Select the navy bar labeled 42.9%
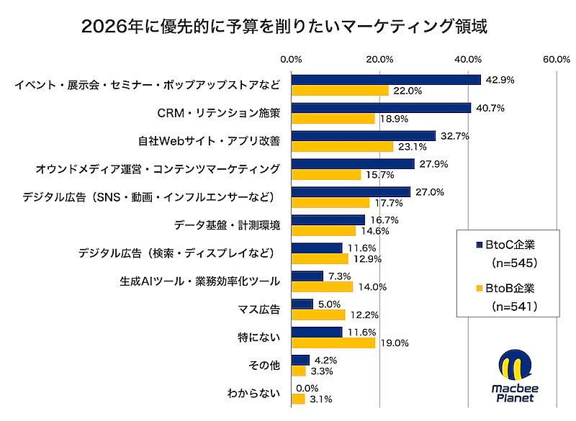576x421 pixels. click(385, 80)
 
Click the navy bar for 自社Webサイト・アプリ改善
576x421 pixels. click(363, 135)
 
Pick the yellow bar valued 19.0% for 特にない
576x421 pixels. click(333, 343)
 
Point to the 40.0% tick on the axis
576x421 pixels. click(469, 58)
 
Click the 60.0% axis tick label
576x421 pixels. click(557, 58)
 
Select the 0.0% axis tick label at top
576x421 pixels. click(291, 58)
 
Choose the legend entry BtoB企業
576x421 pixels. click(510, 288)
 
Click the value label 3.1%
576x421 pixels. click(321, 399)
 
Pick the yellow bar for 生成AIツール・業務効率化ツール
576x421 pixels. click(322, 286)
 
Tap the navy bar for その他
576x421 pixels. click(300, 360)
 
